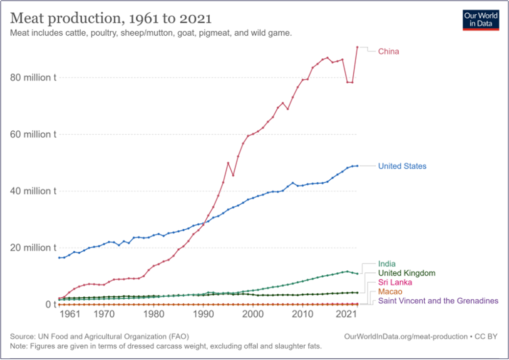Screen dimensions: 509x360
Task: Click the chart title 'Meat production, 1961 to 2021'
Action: coord(111,19)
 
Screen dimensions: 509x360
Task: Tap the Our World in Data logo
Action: coord(481,20)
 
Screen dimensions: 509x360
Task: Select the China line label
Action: coord(388,51)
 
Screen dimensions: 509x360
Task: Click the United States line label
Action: coord(402,166)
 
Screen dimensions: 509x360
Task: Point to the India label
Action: coord(387,264)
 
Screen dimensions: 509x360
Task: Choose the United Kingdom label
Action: coord(407,273)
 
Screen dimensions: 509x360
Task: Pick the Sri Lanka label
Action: coord(395,283)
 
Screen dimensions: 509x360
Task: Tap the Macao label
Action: coord(390,291)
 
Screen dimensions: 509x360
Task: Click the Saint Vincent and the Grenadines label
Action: coord(438,301)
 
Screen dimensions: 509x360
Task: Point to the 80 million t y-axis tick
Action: coord(33,77)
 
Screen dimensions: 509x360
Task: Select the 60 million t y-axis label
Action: coord(33,134)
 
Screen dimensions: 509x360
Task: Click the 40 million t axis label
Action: coord(33,191)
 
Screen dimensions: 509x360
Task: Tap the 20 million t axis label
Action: coord(33,248)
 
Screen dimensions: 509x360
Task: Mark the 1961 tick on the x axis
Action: coord(70,314)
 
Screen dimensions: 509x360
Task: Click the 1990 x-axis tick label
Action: coord(203,314)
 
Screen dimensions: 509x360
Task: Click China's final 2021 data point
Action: coord(358,47)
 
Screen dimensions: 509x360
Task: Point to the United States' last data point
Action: coord(358,166)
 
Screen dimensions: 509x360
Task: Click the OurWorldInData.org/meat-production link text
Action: coord(406,336)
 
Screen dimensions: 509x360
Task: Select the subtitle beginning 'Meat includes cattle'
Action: coord(151,33)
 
